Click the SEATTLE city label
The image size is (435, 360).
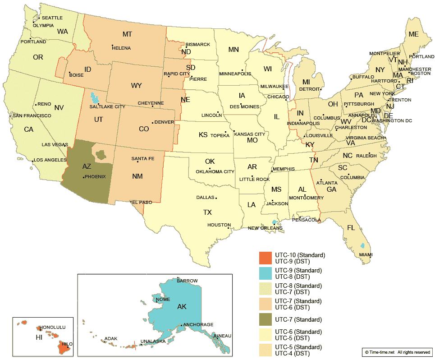(52, 18)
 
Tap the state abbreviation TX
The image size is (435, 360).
(207, 212)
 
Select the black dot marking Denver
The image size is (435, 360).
(153, 122)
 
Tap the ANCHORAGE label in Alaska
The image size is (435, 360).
(198, 324)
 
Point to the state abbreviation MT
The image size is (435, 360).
(128, 34)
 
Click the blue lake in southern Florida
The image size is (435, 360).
(362, 246)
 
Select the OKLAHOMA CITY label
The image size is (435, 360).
(215, 172)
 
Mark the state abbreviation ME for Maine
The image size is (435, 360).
(413, 34)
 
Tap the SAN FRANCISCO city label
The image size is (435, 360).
(32, 116)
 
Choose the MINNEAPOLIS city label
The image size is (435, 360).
(235, 74)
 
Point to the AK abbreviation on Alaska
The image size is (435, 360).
(182, 307)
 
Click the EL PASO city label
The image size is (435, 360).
(142, 203)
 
